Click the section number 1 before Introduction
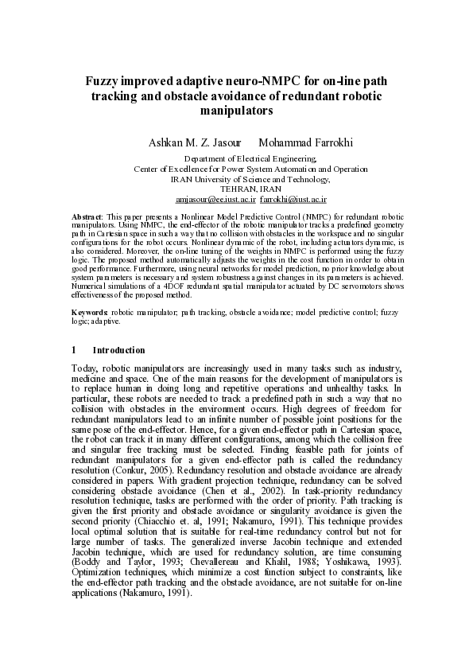73,350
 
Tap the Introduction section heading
119,350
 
